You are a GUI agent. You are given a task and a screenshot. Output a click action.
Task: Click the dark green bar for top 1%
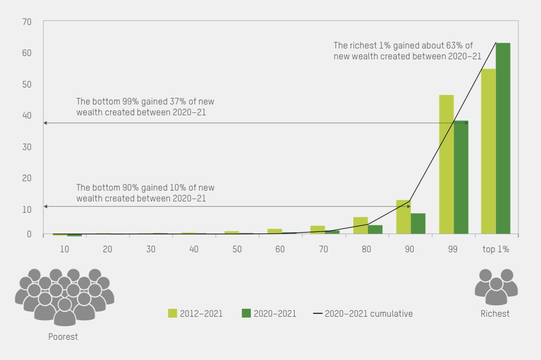coord(503,138)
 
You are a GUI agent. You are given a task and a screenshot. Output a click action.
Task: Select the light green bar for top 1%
coord(488,151)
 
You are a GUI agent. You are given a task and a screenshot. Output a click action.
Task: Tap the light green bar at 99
coord(446,164)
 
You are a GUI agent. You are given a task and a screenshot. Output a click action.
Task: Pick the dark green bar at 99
coord(461,177)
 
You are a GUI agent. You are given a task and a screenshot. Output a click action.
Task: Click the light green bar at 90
coord(403,217)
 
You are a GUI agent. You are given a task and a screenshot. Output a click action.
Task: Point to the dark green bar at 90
coord(418,224)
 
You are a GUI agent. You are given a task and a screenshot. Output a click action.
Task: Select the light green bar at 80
coord(360,225)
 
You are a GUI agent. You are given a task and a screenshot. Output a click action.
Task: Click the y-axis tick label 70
coord(27,22)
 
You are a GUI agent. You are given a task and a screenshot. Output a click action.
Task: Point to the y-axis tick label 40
coord(27,115)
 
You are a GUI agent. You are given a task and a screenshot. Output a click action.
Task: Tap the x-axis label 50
coord(237,249)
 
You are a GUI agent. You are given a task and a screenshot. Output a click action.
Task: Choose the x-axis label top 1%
coord(495,249)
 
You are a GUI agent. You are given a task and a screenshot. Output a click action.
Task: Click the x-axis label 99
coord(453,249)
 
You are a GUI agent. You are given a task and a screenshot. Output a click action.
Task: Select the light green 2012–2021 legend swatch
coord(173,313)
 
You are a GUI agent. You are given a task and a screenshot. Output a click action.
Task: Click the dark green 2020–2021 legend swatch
coord(247,313)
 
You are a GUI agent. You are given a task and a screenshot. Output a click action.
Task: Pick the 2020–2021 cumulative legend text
coord(368,313)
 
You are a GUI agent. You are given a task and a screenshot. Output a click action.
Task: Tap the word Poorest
coord(63,336)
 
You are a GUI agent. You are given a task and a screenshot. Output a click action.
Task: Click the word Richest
coord(495,313)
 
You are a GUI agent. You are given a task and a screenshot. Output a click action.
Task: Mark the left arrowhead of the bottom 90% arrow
coord(45,207)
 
